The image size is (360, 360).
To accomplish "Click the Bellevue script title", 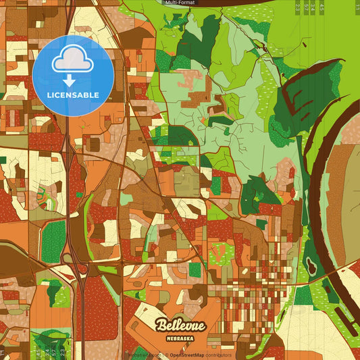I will tap(180, 326).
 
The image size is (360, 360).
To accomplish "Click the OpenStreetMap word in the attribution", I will tap(186, 355).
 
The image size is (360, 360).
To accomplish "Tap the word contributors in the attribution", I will tap(217, 355).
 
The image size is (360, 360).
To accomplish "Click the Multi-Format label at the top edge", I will tap(180, 3).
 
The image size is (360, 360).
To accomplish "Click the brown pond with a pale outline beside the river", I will tap(311, 258).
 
